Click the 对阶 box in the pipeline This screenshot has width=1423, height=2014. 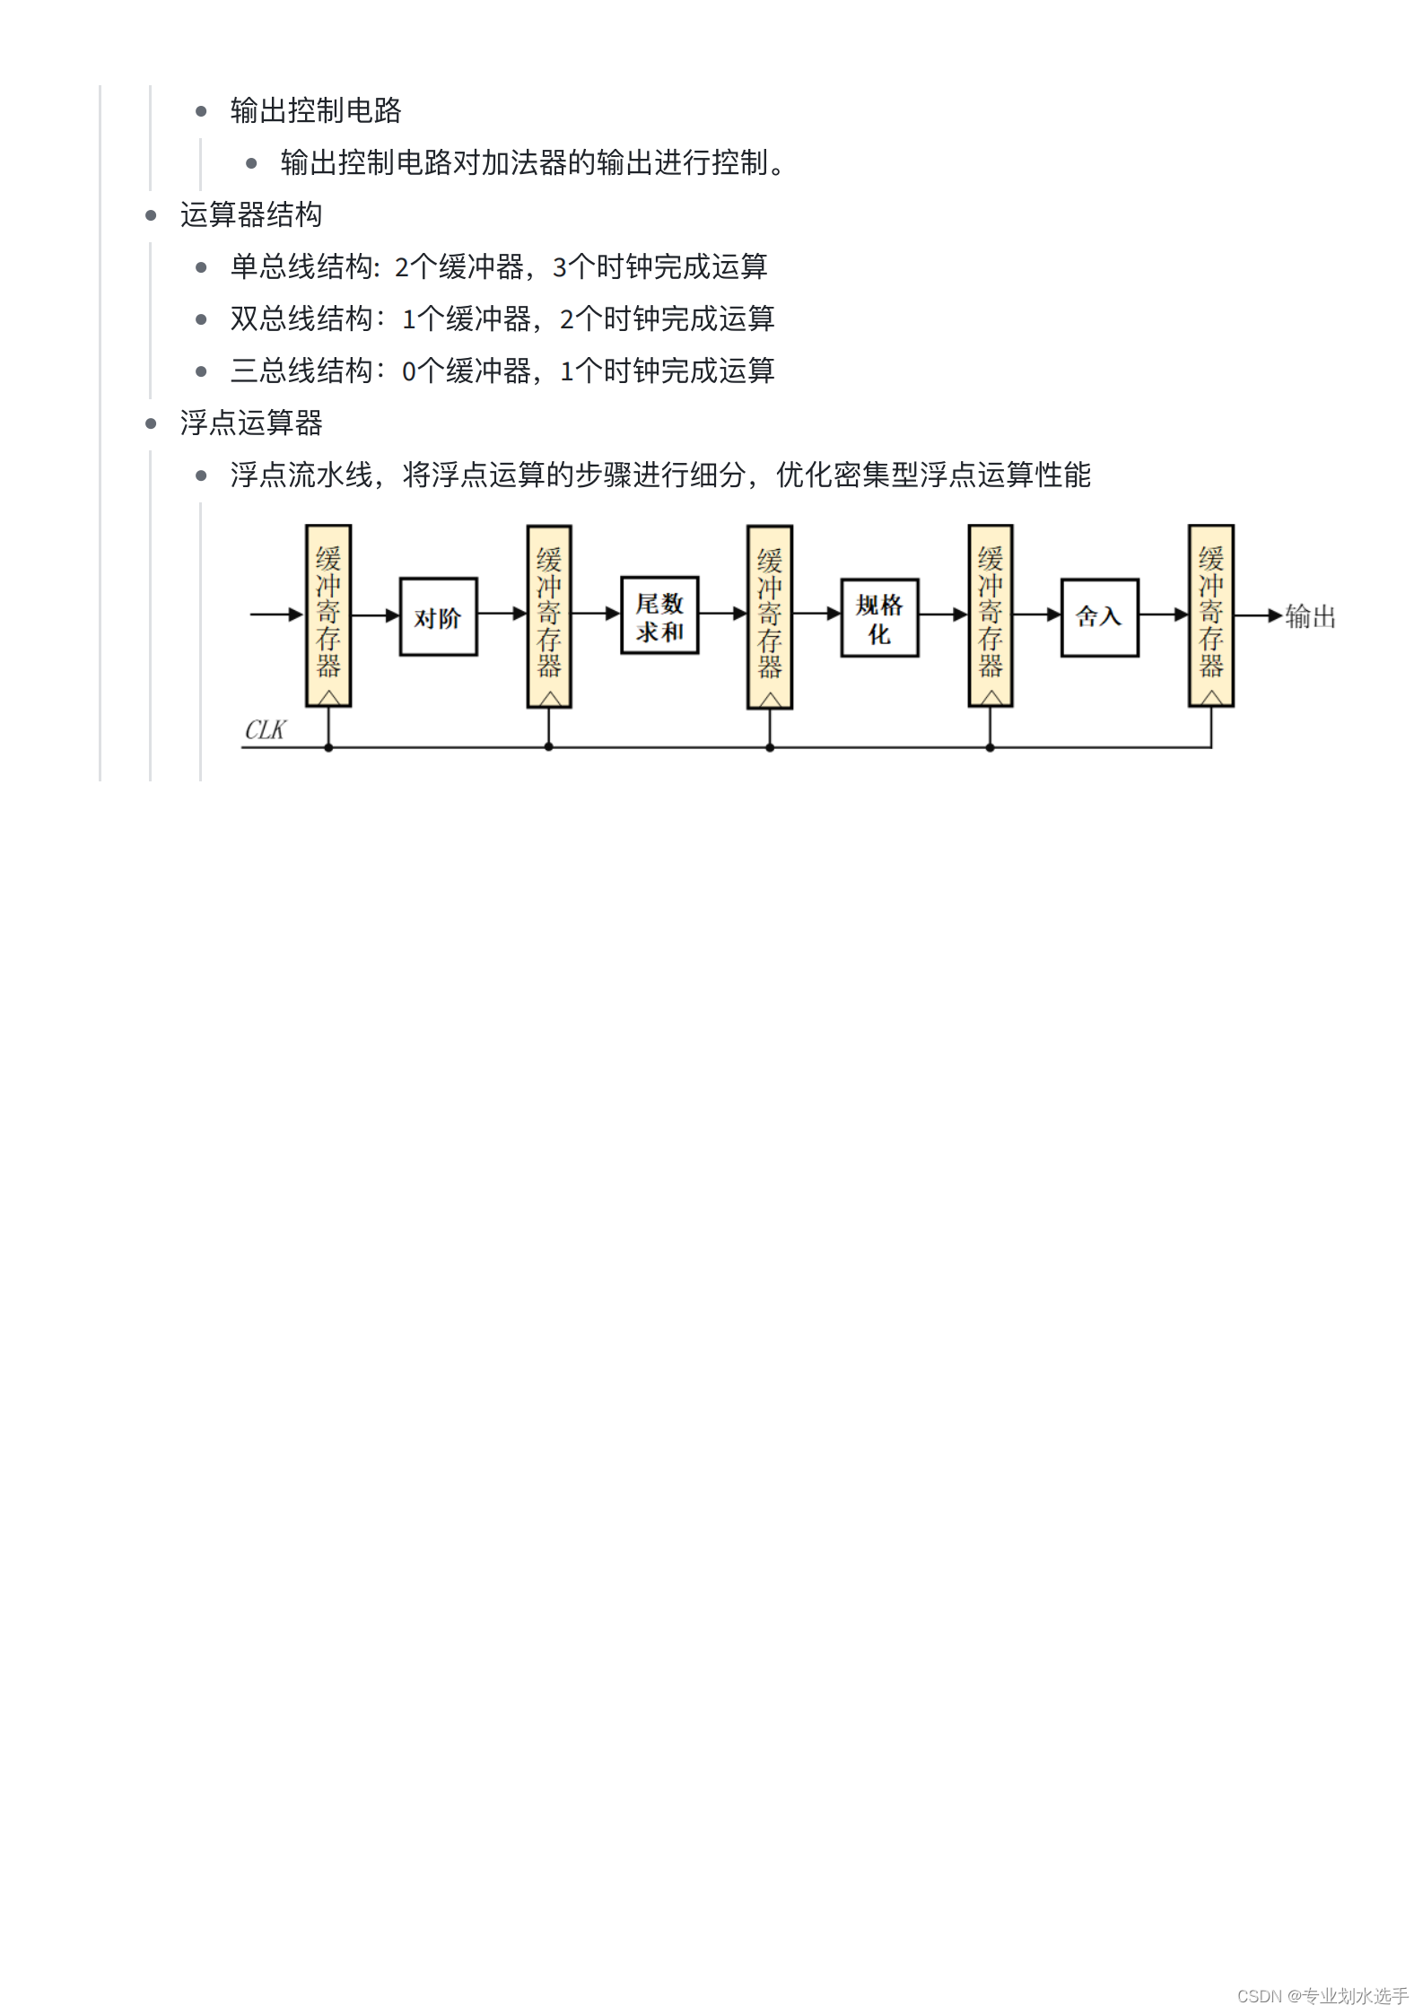pyautogui.click(x=438, y=617)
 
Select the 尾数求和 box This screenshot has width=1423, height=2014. pyautogui.click(x=659, y=616)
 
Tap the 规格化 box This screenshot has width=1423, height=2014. pyautogui.click(x=879, y=618)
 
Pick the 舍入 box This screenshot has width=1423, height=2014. pyautogui.click(x=1099, y=617)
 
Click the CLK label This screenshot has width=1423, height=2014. pyautogui.click(x=265, y=730)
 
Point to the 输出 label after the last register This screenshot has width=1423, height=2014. pyautogui.click(x=1310, y=616)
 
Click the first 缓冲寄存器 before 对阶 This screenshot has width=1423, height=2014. pyautogui.click(x=328, y=615)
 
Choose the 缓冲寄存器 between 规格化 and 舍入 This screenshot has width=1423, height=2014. pyautogui.click(x=991, y=615)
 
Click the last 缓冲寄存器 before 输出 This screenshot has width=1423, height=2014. pyautogui.click(x=1211, y=615)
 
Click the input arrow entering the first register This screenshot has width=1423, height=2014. pyautogui.click(x=276, y=615)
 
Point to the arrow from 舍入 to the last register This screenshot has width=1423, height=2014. pyautogui.click(x=1164, y=615)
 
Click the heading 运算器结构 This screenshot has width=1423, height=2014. pyautogui.click(x=251, y=215)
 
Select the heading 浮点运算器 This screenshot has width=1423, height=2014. pyautogui.click(x=251, y=423)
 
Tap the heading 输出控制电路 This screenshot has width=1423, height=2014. pyautogui.click(x=316, y=111)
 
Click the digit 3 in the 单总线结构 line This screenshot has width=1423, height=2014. pyautogui.click(x=560, y=267)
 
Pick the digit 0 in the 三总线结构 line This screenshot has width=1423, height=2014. pyautogui.click(x=409, y=371)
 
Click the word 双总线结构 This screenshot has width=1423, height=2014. pyautogui.click(x=301, y=319)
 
